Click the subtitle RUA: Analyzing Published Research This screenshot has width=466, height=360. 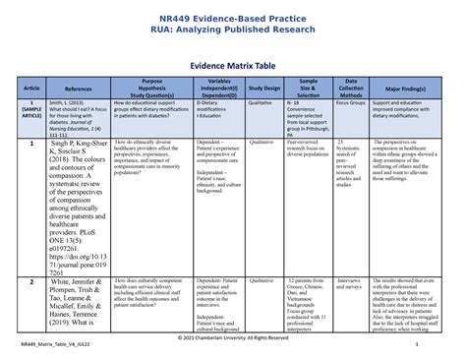(232, 30)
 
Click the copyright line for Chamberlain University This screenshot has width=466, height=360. (233, 337)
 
